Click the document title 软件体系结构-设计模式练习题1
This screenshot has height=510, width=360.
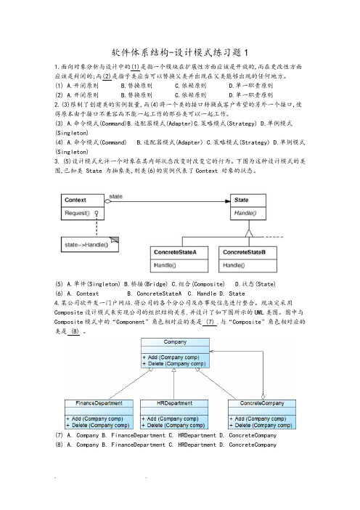[180, 52]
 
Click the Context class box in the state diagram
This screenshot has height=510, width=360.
[83, 207]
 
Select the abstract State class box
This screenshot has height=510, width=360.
[248, 207]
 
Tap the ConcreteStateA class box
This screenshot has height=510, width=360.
[179, 259]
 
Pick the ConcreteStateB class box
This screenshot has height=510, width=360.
[248, 259]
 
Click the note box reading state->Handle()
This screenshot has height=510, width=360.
[90, 245]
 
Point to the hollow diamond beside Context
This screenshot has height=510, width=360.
[108, 201]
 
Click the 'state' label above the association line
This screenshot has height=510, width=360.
[115, 196]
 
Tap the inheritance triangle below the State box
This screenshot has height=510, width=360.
[249, 233]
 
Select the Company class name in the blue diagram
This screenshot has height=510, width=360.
[175, 342]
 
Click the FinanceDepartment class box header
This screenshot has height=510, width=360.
[99, 403]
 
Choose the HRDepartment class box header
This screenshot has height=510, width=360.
[174, 403]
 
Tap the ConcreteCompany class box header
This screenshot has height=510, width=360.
[262, 403]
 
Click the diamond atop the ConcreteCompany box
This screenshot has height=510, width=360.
[263, 397]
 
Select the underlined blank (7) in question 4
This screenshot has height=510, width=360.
[210, 322]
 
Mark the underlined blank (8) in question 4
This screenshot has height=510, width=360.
[75, 331]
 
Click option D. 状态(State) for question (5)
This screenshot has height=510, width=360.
[255, 284]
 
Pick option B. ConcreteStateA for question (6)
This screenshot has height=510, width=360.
[155, 294]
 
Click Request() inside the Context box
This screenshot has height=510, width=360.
[77, 213]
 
